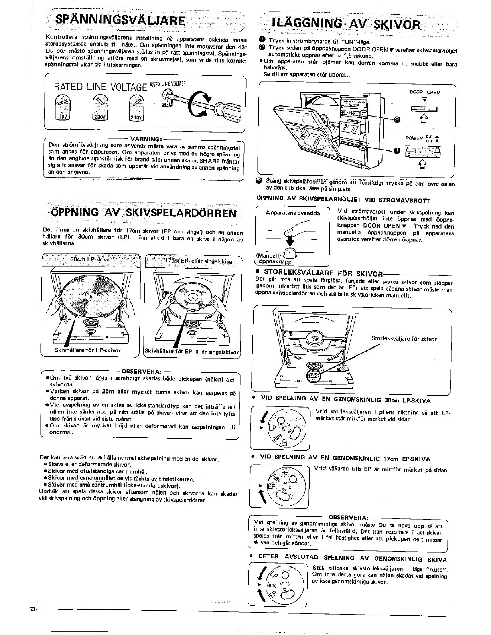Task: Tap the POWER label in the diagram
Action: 414,138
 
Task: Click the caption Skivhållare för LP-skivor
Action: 87,350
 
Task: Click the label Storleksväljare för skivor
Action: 404,339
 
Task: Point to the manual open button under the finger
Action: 288,254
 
